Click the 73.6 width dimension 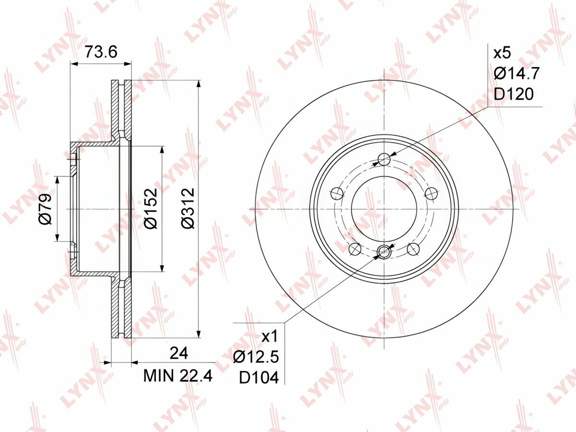pos(101,52)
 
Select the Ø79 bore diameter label pos(46,209)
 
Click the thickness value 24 pos(179,353)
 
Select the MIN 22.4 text pos(178,376)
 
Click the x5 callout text pos(503,53)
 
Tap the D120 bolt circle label pos(514,94)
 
